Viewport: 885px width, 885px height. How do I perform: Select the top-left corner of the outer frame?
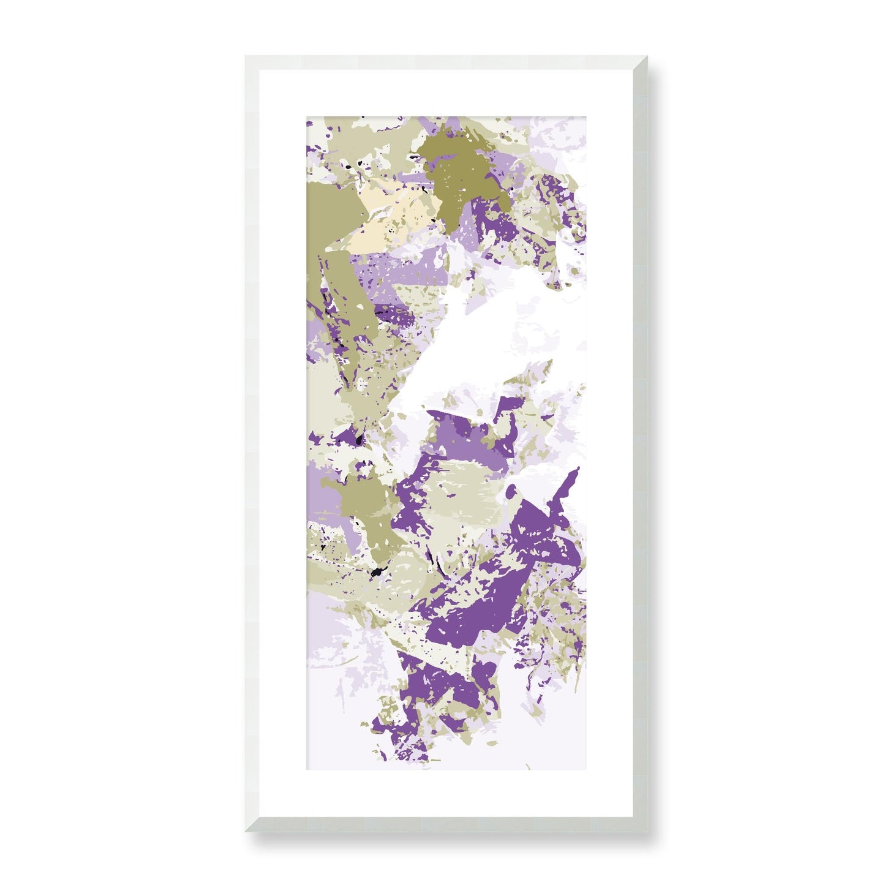pyautogui.click(x=246, y=56)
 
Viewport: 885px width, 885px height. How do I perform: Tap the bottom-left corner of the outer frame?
pyautogui.click(x=246, y=831)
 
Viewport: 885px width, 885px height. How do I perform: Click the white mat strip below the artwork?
pyautogui.click(x=446, y=794)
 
